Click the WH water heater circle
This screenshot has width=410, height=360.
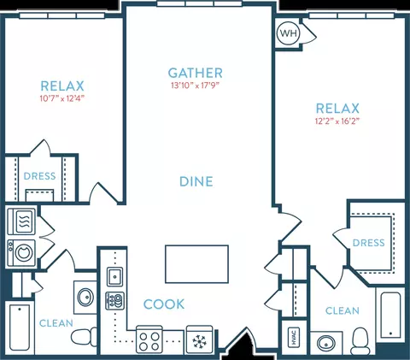point(288,33)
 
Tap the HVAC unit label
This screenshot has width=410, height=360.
point(294,337)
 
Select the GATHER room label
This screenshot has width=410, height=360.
point(196,73)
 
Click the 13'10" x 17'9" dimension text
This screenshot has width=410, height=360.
point(196,86)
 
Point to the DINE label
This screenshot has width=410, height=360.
point(196,181)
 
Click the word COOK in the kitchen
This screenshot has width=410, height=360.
point(164,304)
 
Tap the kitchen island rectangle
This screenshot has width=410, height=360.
point(196,264)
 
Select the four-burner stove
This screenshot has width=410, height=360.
point(149,339)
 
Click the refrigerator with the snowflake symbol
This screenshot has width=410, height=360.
point(199,339)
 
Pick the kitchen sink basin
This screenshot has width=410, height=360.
point(114,276)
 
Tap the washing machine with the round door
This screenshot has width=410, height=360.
point(21,252)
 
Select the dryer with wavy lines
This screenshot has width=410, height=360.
point(21,221)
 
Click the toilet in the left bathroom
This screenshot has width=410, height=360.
point(84,337)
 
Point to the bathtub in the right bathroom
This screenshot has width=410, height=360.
point(390,314)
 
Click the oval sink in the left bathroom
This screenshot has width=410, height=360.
point(85,297)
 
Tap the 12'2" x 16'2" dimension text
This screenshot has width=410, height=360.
point(337,121)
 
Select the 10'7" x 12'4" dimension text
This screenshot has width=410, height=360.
point(62,98)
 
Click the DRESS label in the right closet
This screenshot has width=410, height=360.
point(369,243)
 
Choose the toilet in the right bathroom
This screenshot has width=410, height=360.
point(360,341)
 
